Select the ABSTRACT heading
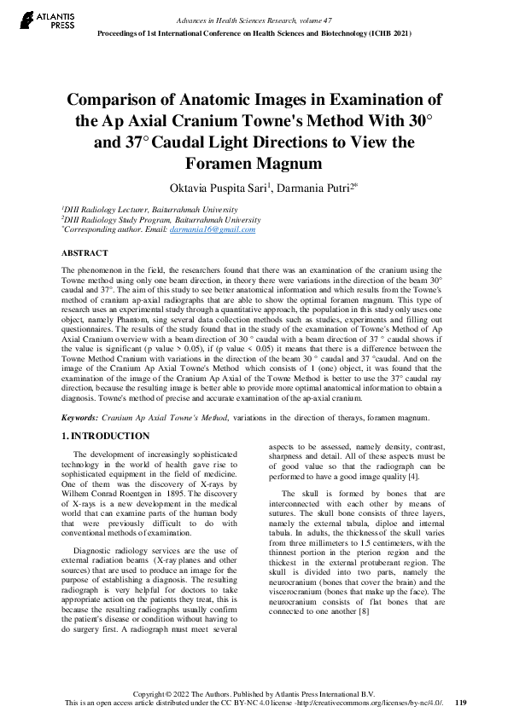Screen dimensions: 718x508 [x=85, y=253]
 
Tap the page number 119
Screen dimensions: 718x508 [x=460, y=703]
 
